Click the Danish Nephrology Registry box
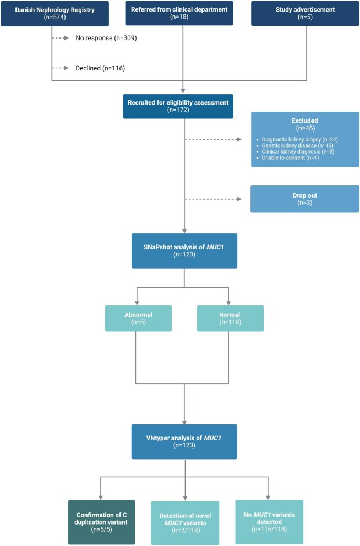pyautogui.click(x=54, y=13)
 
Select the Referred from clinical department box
pyautogui.click(x=179, y=13)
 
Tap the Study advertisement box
pyautogui.click(x=305, y=13)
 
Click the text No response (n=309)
pyautogui.click(x=106, y=38)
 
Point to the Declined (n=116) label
pyautogui.click(x=100, y=68)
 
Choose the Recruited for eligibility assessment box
pyautogui.click(x=178, y=106)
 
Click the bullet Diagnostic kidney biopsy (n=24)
pyautogui.click(x=300, y=139)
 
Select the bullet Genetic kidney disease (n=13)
pyautogui.click(x=297, y=145)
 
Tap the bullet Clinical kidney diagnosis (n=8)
pyautogui.click(x=298, y=151)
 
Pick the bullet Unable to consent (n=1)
pyautogui.click(x=290, y=157)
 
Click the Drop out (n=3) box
pyautogui.click(x=305, y=199)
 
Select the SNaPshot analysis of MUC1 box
pyautogui.click(x=184, y=251)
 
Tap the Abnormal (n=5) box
pyautogui.click(x=138, y=318)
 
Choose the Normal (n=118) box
pyautogui.click(x=230, y=318)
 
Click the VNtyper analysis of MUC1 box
pyautogui.click(x=184, y=441)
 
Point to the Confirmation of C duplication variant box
pyautogui.click(x=102, y=522)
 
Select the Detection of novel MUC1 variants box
pyautogui.click(x=185, y=523)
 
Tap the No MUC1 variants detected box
pyautogui.click(x=269, y=522)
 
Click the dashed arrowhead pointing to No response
pyautogui.click(x=67, y=38)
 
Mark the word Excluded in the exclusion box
pyautogui.click(x=304, y=121)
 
